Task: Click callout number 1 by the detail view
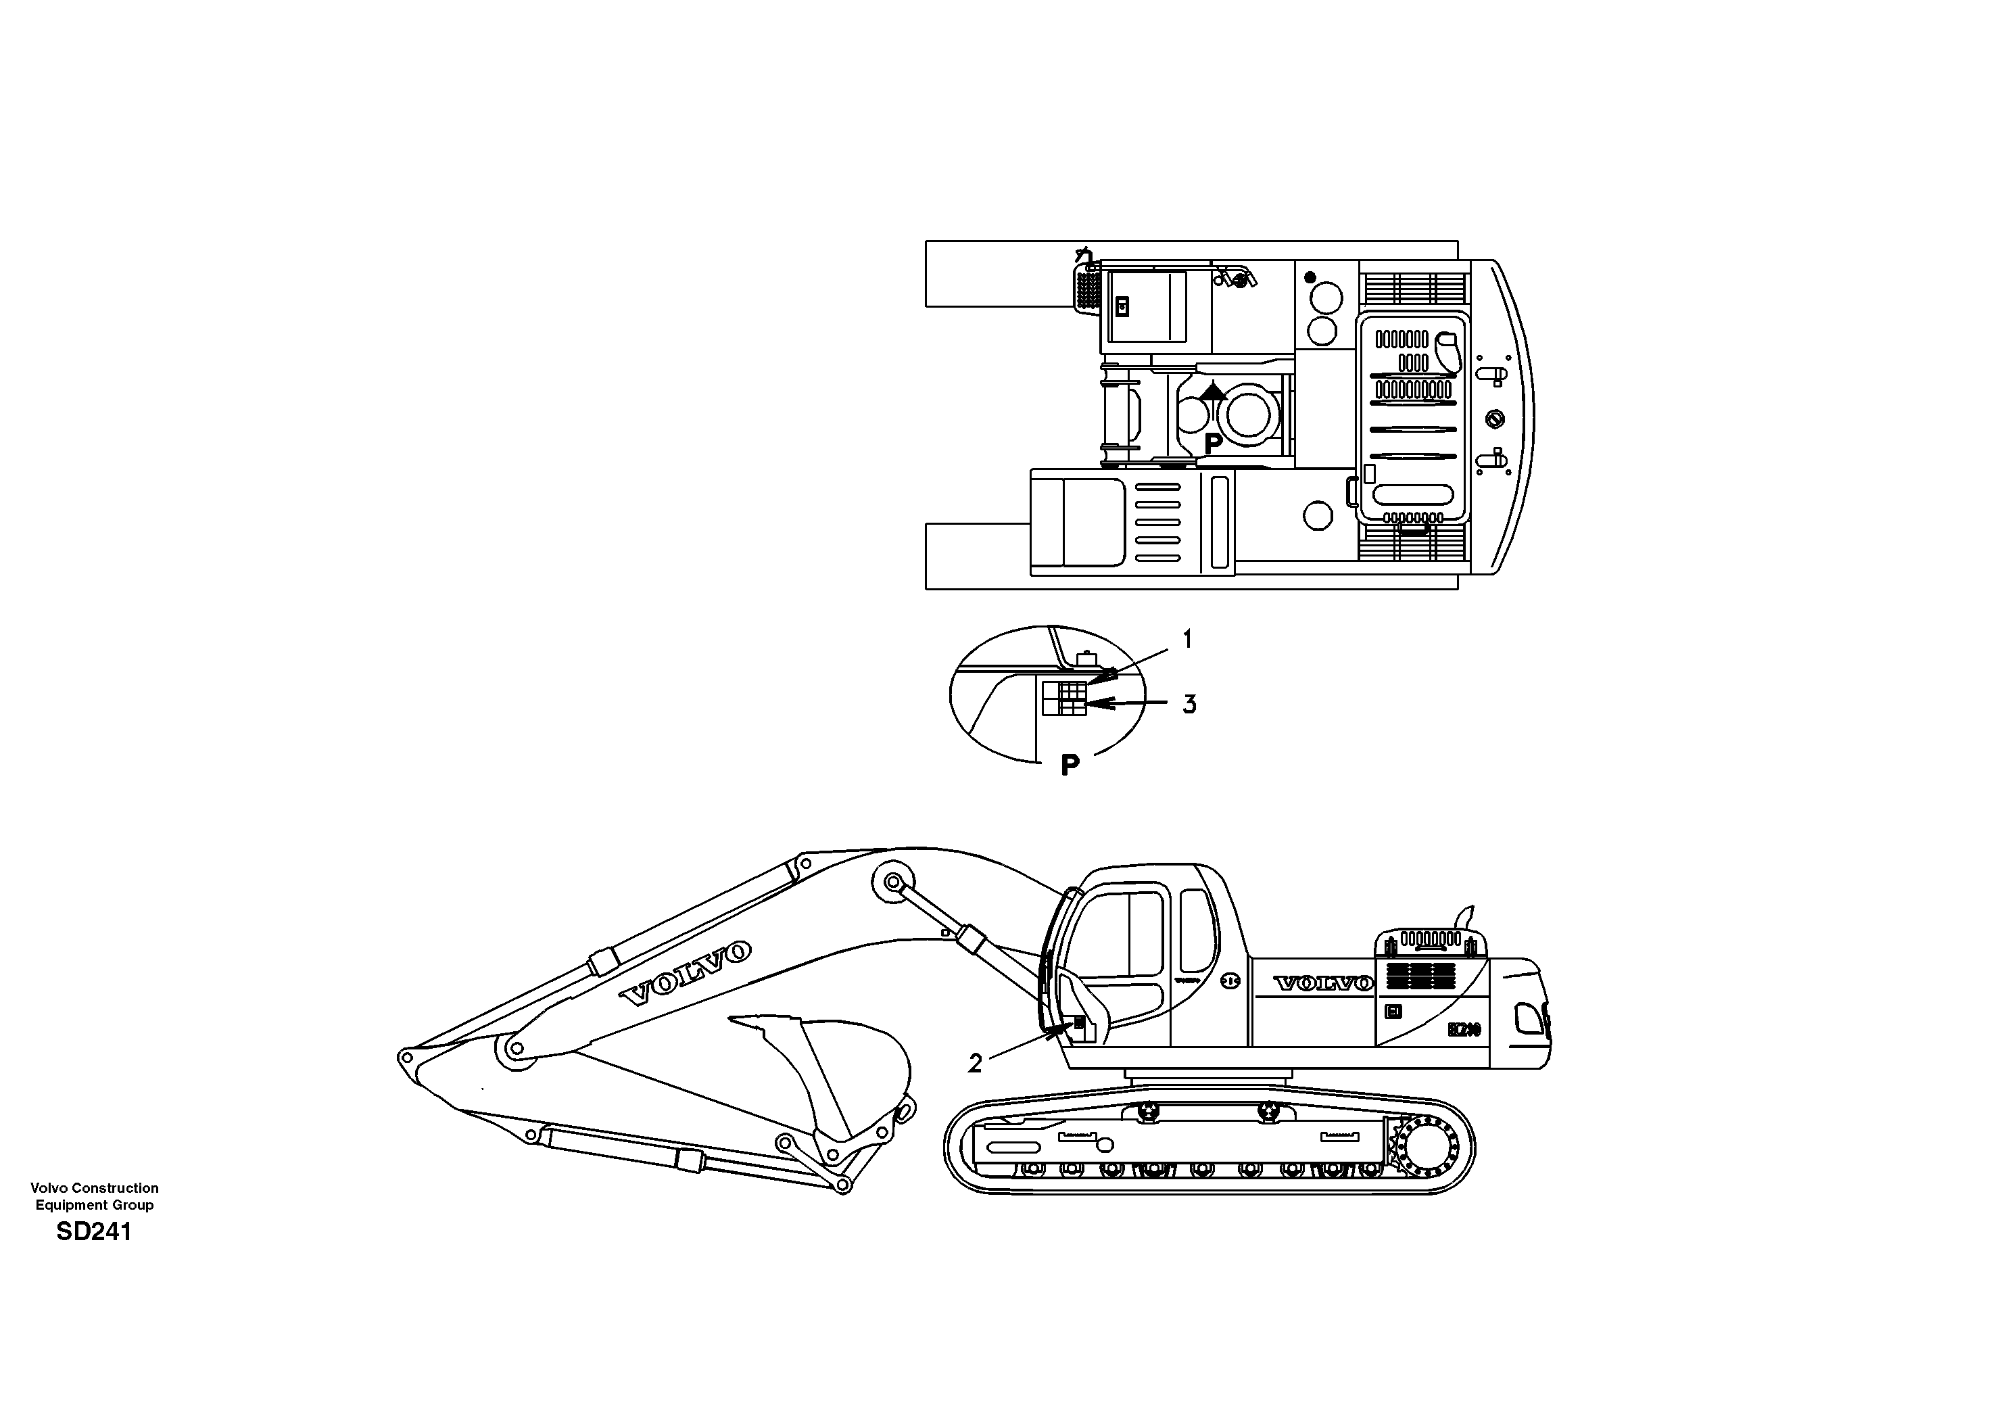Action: point(1187,640)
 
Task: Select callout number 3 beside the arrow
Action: point(1189,704)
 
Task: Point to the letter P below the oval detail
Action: point(1070,766)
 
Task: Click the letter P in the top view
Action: point(1213,444)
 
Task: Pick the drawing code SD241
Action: point(94,1231)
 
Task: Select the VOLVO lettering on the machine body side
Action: point(1323,983)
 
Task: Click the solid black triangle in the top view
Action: point(1213,391)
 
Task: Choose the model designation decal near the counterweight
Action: point(1464,1029)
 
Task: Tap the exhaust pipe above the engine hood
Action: point(1464,918)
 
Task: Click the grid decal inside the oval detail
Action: point(1065,698)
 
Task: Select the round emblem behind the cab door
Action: point(1230,982)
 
